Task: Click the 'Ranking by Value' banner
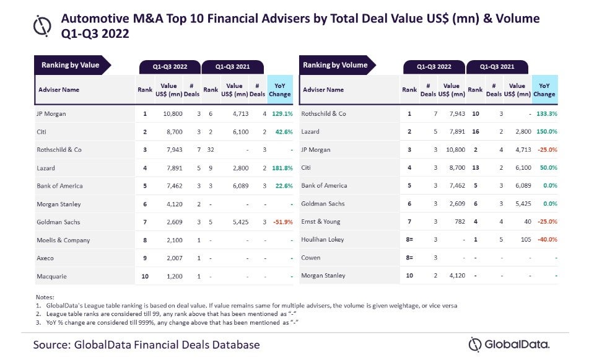(x=71, y=65)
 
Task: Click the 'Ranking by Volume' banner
(x=335, y=65)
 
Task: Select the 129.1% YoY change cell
(x=280, y=114)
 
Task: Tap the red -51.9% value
(x=280, y=221)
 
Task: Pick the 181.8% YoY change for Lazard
(x=280, y=168)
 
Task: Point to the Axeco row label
(x=46, y=257)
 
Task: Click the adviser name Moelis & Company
(x=63, y=239)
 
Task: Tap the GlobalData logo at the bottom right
(x=508, y=345)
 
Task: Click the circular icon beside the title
(x=42, y=25)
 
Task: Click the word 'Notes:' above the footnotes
(x=45, y=297)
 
